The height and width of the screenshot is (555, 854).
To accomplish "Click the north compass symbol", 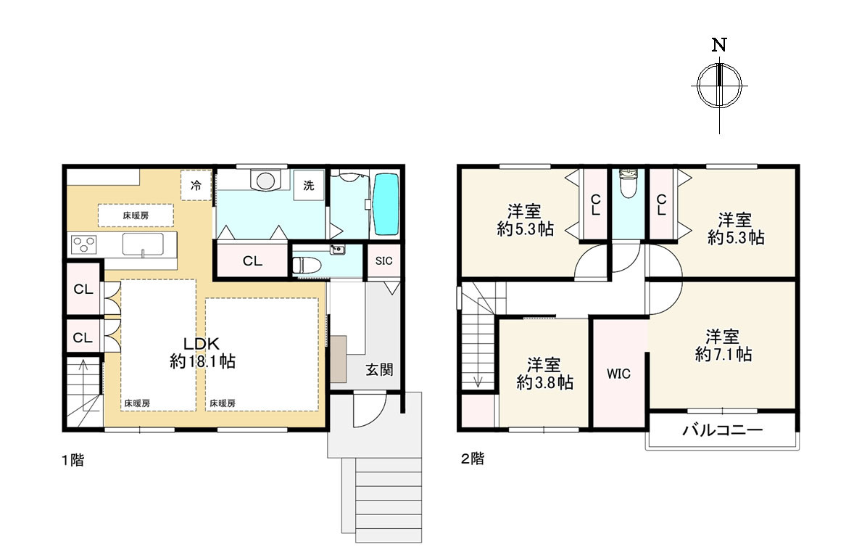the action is pos(719,86).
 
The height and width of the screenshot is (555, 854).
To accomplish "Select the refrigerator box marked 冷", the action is pos(196,186).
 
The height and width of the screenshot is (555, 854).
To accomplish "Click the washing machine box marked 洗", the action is pos(309,186).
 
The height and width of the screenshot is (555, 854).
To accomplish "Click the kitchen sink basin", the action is pos(144,244).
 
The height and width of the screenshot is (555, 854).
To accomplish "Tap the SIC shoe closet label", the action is pos(384,261).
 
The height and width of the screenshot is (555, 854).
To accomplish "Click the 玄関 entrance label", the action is pos(378,369).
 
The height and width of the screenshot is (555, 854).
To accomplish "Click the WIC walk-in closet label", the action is pos(618,374).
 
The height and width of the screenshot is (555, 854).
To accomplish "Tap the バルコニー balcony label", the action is pos(723,430).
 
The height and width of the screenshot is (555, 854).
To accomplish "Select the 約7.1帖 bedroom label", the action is pos(724,345).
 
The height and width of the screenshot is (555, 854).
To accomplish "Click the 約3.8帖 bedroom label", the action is pos(544,374).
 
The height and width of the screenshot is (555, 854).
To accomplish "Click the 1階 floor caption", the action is pos(72,460).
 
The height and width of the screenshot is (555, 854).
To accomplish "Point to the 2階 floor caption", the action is pos(472,459).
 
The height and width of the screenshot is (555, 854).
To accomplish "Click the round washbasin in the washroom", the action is pos(265,180).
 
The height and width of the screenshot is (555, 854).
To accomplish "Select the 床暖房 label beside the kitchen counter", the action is pos(136,215).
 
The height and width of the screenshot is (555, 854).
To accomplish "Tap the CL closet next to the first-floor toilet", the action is pos(252,261).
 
